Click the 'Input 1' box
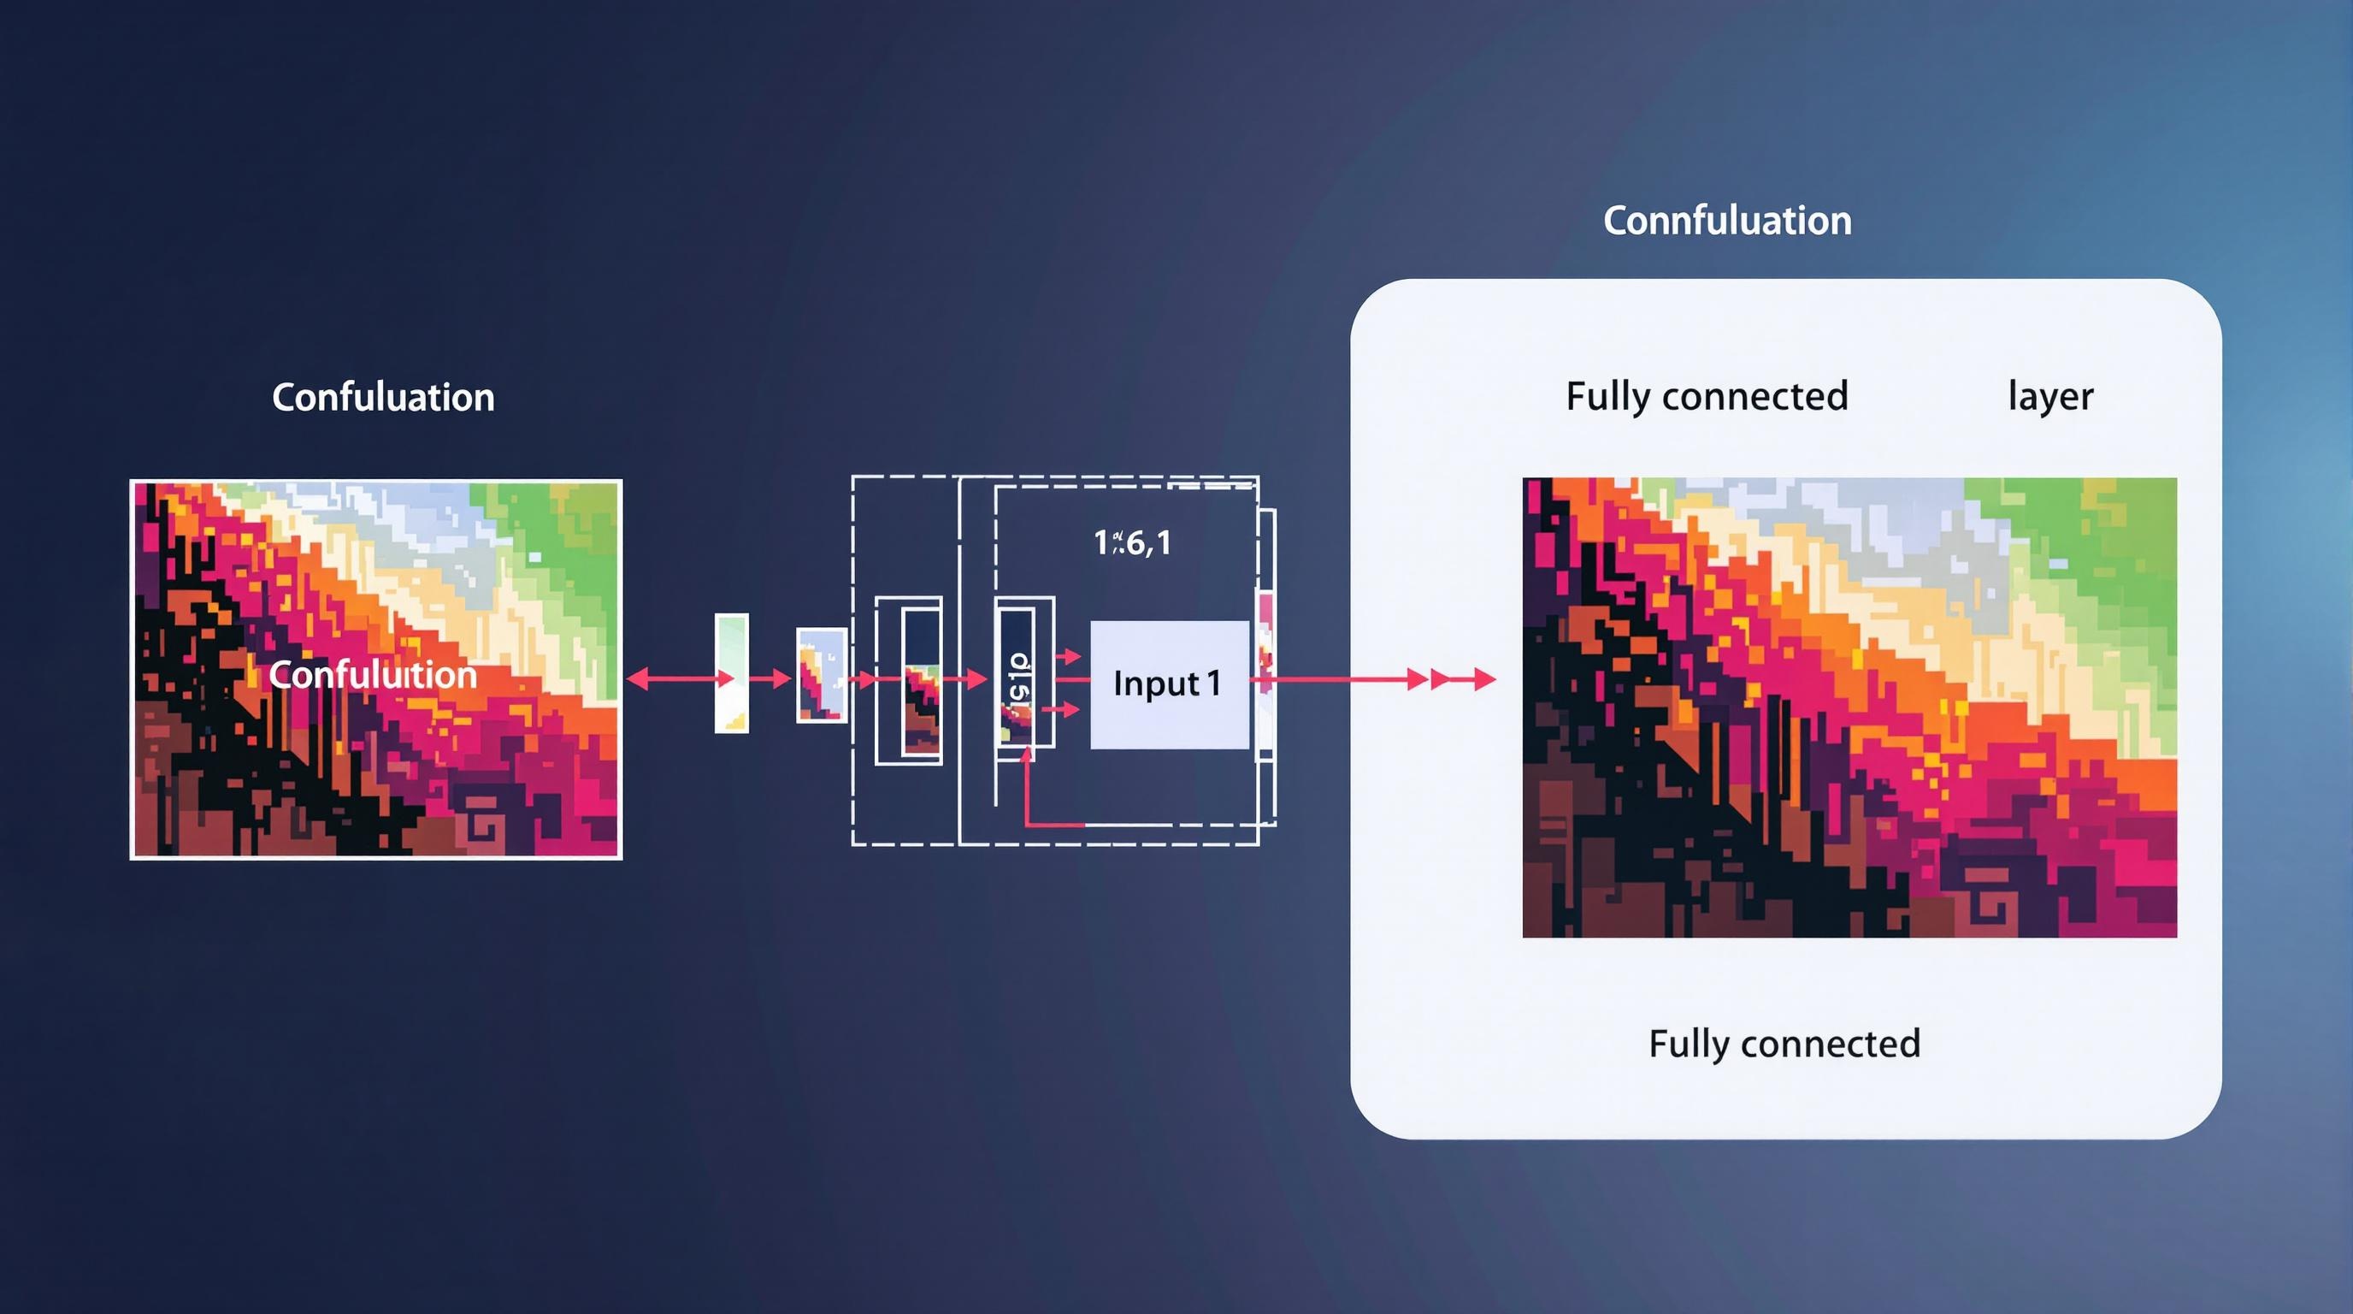(1168, 684)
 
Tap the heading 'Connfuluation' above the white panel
(1726, 221)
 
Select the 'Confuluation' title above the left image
(383, 398)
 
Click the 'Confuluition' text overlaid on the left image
(373, 674)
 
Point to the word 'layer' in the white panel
(2049, 397)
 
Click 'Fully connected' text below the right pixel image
(1784, 1044)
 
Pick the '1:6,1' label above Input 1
(1132, 542)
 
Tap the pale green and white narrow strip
(731, 672)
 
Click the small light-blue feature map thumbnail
(821, 675)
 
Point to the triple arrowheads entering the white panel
(1453, 679)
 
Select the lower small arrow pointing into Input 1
(1061, 709)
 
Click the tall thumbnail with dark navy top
(921, 682)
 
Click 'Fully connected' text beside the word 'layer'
(1707, 397)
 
